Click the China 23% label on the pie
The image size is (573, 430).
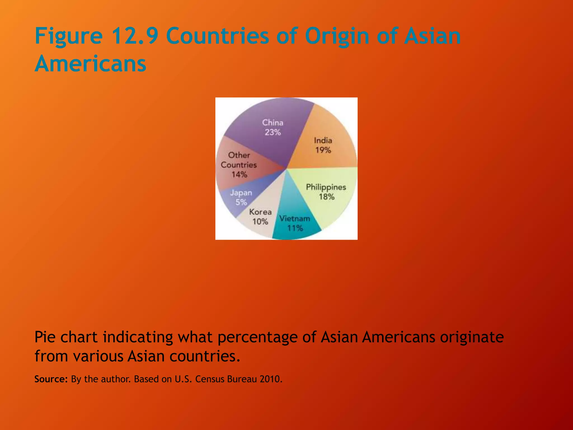click(x=273, y=127)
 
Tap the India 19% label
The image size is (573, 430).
click(x=323, y=145)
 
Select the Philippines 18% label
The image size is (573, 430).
click(x=326, y=192)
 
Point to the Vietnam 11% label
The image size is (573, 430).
click(x=295, y=223)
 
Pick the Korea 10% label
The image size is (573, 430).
click(x=260, y=217)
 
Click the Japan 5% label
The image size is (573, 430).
click(x=241, y=197)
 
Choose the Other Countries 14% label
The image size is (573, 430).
click(x=239, y=165)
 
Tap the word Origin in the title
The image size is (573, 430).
click(x=337, y=36)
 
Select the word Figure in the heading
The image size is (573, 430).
click(x=69, y=36)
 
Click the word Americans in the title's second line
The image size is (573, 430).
click(x=90, y=64)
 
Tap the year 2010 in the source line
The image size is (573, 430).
click(x=271, y=379)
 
